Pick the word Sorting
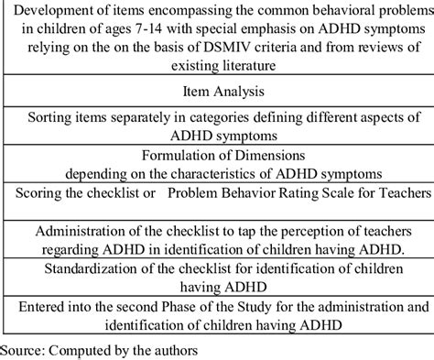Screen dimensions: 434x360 coord(54,119)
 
